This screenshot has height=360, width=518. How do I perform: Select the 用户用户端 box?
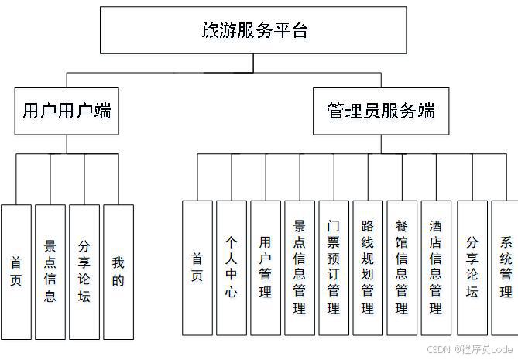(67, 111)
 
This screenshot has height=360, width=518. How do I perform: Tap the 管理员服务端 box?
(380, 111)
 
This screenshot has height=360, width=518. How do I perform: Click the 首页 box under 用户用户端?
(16, 272)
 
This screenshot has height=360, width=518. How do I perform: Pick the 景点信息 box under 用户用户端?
(50, 272)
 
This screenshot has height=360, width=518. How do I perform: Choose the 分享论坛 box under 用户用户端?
(84, 272)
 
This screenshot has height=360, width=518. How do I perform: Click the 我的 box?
(118, 272)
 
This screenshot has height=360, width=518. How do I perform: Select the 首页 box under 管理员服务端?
(197, 267)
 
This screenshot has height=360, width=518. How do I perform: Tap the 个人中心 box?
(232, 267)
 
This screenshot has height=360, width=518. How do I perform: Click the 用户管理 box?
(266, 267)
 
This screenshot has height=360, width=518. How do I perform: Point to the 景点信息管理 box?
(300, 267)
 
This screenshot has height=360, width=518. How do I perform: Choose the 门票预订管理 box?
(334, 267)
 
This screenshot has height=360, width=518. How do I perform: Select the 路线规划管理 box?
(368, 267)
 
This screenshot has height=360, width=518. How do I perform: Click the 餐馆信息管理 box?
(402, 267)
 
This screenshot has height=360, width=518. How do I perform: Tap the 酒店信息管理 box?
(436, 267)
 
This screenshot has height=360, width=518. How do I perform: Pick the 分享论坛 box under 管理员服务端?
(472, 267)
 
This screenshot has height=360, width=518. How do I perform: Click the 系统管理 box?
(505, 267)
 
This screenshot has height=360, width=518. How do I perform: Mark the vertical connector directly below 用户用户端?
(67, 145)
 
